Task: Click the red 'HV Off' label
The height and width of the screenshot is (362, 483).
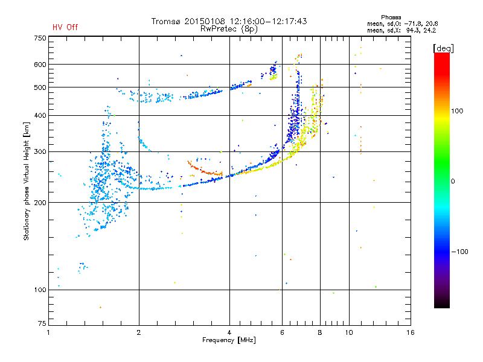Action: (65, 27)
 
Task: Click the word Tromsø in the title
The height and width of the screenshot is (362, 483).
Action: (168, 21)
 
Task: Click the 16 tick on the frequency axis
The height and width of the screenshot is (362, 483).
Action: (411, 332)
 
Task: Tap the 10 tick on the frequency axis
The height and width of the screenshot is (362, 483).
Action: (348, 332)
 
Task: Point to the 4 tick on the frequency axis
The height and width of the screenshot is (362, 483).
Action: (229, 332)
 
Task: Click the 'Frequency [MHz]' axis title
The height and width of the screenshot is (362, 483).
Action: (229, 341)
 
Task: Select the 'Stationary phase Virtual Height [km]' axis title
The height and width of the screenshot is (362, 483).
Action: (27, 181)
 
